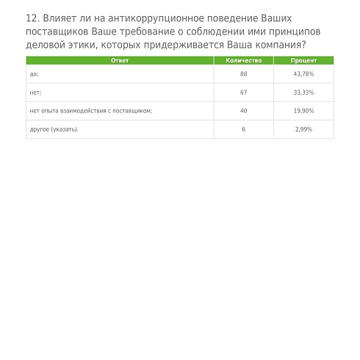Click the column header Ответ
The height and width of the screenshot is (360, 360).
coord(119,60)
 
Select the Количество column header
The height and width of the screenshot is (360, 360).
coord(243,60)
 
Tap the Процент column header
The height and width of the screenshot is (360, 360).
coord(303,60)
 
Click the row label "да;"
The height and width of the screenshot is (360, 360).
coord(34,74)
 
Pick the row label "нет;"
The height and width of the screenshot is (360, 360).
coord(35,93)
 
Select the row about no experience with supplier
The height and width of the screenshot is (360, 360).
coord(90,111)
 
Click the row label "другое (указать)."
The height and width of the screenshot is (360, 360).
coord(54,129)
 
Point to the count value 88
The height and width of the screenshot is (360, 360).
coord(243,74)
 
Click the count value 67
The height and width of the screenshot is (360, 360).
coord(243,93)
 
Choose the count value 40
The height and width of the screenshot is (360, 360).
coord(243,111)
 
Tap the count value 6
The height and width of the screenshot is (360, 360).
coord(243,129)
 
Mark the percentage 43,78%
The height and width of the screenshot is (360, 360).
coord(303,74)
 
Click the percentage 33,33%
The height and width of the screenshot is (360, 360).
coord(303,93)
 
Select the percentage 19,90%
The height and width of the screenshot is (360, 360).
coord(303,111)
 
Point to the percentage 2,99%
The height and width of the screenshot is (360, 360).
coord(303,129)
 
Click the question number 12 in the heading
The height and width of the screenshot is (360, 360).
coord(32,18)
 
